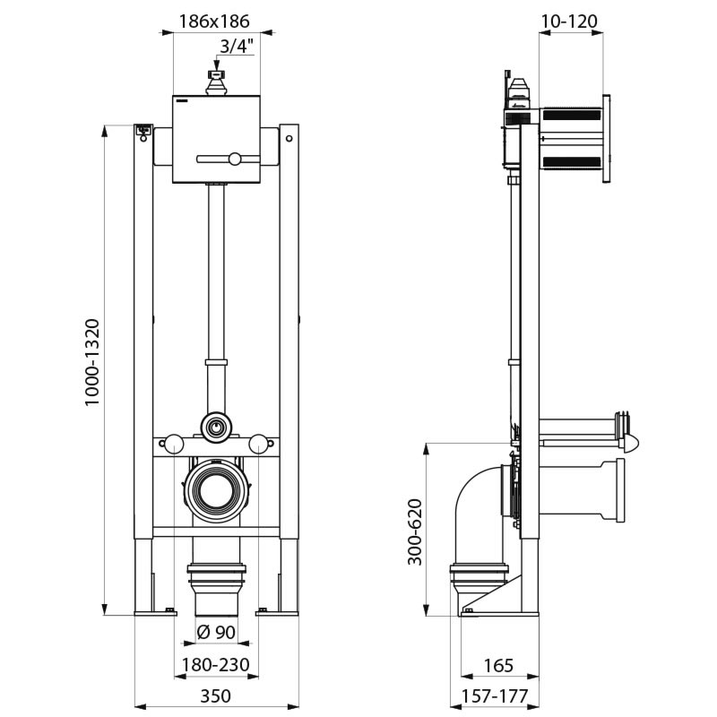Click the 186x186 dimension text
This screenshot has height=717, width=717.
pyautogui.click(x=212, y=22)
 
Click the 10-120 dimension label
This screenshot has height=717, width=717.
pyautogui.click(x=572, y=22)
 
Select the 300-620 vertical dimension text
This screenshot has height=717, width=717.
pyautogui.click(x=414, y=532)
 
